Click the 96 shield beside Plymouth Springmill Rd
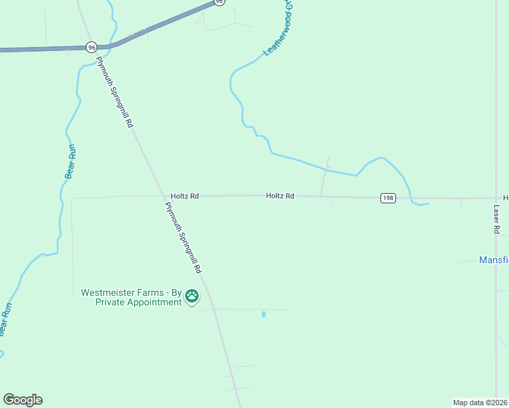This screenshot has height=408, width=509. (x=92, y=47)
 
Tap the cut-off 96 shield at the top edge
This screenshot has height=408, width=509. (x=218, y=2)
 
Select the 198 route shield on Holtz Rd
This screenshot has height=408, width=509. (x=387, y=198)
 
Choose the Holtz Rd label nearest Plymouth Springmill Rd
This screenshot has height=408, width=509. (x=185, y=196)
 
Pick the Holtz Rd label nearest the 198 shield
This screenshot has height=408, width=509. (x=280, y=196)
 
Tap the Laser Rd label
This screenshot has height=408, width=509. (x=497, y=220)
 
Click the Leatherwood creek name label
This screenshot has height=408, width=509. (x=278, y=29)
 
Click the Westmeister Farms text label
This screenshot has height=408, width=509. (x=131, y=297)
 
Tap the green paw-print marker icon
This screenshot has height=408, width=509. (x=192, y=296)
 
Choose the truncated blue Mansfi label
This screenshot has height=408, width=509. (x=493, y=260)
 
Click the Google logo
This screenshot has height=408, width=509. (x=22, y=400)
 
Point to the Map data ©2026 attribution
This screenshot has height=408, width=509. (x=480, y=402)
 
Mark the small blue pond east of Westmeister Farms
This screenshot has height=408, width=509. (x=263, y=314)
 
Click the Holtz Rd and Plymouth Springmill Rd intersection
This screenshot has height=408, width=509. (x=164, y=197)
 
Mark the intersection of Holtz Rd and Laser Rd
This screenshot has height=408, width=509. (x=497, y=198)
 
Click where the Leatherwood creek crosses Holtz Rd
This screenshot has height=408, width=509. (x=411, y=199)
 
